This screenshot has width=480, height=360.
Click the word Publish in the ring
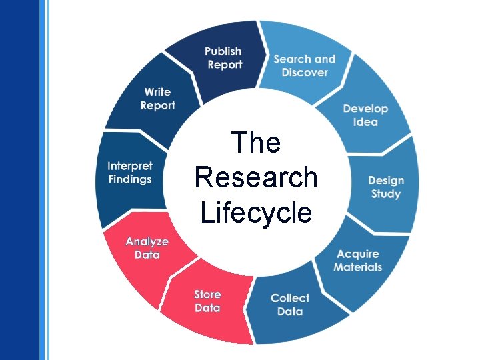pyautogui.click(x=223, y=51)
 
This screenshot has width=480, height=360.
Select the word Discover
pyautogui.click(x=305, y=72)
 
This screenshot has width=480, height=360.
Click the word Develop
pyautogui.click(x=365, y=109)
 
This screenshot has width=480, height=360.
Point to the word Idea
pyautogui.click(x=365, y=122)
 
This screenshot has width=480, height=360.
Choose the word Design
pyautogui.click(x=386, y=181)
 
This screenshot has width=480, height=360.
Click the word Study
pyautogui.click(x=386, y=194)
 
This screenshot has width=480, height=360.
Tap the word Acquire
pyautogui.click(x=358, y=254)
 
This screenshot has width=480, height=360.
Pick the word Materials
pyautogui.click(x=358, y=267)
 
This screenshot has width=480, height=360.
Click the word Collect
pyautogui.click(x=290, y=298)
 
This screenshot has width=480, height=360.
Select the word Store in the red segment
pyautogui.click(x=207, y=294)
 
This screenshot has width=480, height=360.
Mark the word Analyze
pyautogui.click(x=147, y=241)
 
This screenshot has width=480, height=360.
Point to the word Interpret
pyautogui.click(x=130, y=166)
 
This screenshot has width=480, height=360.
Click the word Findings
pyautogui.click(x=130, y=179)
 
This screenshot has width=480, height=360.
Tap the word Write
pyautogui.click(x=157, y=92)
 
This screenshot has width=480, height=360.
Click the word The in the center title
pyautogui.click(x=256, y=143)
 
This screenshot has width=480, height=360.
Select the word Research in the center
pyautogui.click(x=256, y=178)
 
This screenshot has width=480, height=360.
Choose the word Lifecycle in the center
pyautogui.click(x=256, y=213)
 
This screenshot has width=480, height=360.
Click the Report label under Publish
pyautogui.click(x=225, y=65)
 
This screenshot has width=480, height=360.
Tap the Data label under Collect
pyautogui.click(x=290, y=311)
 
